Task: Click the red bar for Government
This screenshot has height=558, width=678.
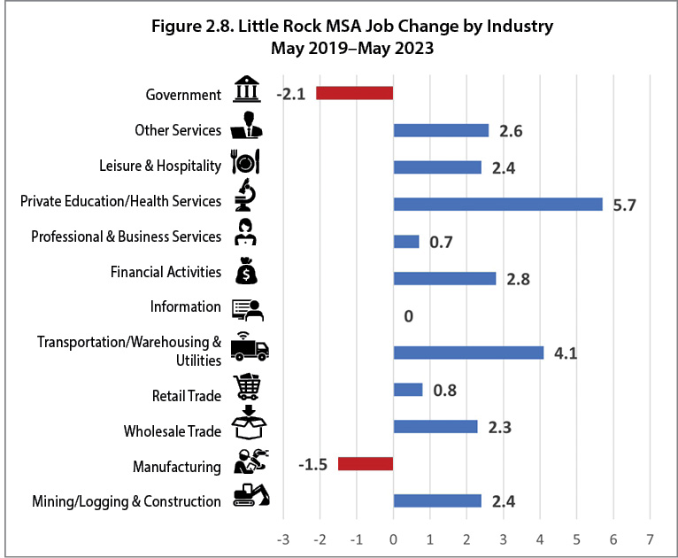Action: coord(354,93)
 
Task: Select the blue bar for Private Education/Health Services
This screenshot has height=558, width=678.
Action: coord(497,204)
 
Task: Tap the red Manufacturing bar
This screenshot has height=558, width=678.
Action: coord(365,463)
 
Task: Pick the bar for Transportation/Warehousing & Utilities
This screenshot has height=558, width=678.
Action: coord(468,353)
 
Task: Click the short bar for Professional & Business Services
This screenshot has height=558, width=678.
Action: coord(405,241)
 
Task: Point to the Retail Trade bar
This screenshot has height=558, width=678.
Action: coord(407,390)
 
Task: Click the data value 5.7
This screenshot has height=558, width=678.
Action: coord(625,205)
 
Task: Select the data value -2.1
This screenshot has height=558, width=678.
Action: coord(291,94)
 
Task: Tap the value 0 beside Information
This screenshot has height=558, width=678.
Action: coord(408,316)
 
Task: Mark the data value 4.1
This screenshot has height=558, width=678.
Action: coord(566,353)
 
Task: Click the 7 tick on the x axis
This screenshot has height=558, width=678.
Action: coord(650,538)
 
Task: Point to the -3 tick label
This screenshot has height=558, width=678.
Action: coord(282,538)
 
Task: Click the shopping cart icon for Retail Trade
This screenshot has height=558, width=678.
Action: coord(247,388)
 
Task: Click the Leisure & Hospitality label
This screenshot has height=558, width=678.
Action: coord(160,166)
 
